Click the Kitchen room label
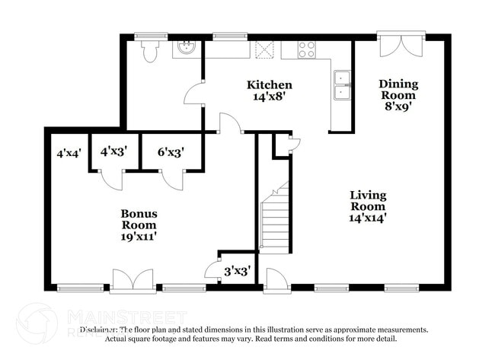(270, 84)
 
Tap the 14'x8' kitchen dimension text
(270, 96)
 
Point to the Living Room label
(368, 200)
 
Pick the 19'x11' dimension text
(139, 237)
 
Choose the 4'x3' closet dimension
(113, 151)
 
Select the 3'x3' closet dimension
(237, 270)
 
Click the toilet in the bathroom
(150, 49)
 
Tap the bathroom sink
(185, 49)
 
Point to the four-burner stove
(307, 50)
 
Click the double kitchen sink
(342, 84)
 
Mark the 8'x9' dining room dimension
(398, 107)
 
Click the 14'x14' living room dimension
(368, 218)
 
